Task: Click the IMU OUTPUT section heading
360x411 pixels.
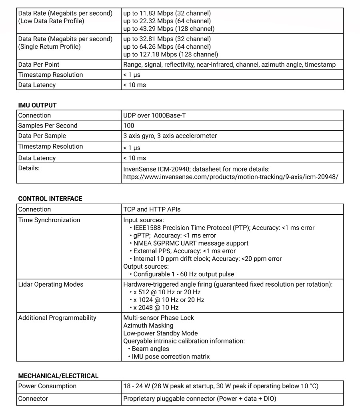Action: (x=37, y=105)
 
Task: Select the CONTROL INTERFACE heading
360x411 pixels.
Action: (x=50, y=199)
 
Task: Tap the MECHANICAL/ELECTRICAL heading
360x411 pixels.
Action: (x=58, y=376)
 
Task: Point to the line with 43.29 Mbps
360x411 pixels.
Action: (x=169, y=29)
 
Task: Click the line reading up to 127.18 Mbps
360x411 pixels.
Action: (x=170, y=54)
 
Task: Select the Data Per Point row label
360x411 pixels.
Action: (x=39, y=64)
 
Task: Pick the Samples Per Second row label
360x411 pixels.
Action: (x=48, y=126)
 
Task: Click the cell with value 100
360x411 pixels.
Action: (x=129, y=126)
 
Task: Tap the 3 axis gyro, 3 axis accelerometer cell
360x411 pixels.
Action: (x=170, y=136)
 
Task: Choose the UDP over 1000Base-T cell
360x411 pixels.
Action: (x=154, y=116)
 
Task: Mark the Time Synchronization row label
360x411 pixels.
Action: (x=49, y=220)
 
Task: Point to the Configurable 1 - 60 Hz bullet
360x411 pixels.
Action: (x=184, y=274)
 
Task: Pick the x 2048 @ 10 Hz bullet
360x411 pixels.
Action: (x=156, y=308)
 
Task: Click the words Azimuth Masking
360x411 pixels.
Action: (x=148, y=325)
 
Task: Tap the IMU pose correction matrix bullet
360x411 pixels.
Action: (x=170, y=357)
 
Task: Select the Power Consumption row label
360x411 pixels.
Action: (x=47, y=386)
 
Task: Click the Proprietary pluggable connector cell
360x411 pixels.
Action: (x=200, y=399)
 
